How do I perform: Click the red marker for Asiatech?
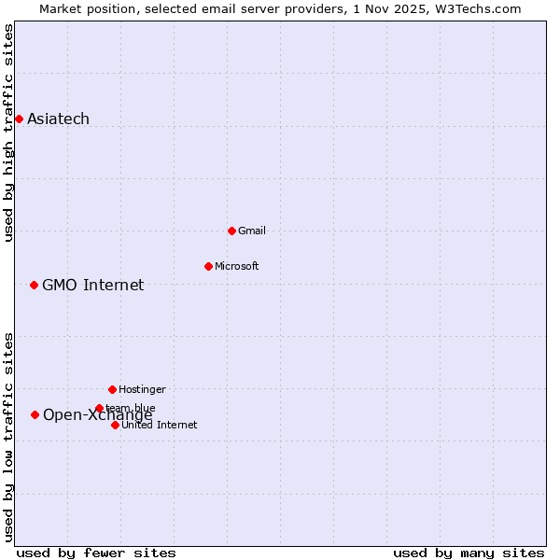coord(19,119)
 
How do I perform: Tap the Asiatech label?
coord(58,119)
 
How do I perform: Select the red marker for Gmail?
coord(231,231)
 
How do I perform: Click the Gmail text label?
coord(252,231)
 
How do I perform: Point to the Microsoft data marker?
coord(208,266)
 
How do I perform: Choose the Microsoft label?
coord(237,266)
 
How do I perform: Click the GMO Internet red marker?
coord(34,285)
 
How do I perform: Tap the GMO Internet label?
coord(92,285)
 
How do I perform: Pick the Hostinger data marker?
coord(112,389)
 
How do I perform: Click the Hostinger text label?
coord(142,389)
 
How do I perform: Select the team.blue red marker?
coord(99,408)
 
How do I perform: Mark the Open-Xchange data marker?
coord(35,414)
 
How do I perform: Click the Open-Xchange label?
coord(97,415)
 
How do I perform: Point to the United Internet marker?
coord(115,425)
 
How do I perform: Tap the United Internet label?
coord(159,425)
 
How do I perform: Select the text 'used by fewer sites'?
coord(96,553)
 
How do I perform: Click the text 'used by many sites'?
coord(469,553)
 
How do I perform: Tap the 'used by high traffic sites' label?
coord(8,133)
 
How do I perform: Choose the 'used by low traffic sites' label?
coord(8,436)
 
